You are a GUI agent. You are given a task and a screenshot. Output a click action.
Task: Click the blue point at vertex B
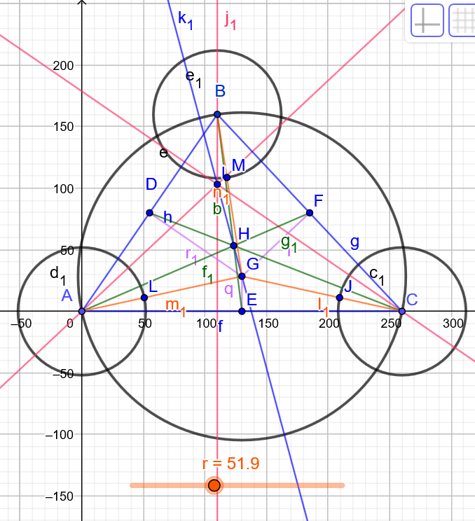pyautogui.click(x=217, y=114)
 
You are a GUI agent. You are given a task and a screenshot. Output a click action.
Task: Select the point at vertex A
pyautogui.click(x=82, y=311)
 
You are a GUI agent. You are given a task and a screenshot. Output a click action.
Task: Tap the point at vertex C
pyautogui.click(x=402, y=311)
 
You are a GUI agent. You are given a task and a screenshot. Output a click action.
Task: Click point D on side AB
pyautogui.click(x=149, y=213)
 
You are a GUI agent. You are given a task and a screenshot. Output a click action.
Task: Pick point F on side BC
pyautogui.click(x=310, y=213)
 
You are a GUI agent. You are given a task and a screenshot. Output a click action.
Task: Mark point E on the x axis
pyautogui.click(x=242, y=311)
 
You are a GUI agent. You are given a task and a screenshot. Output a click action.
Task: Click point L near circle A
pyautogui.click(x=144, y=298)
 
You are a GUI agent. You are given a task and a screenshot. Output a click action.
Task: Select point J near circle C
pyautogui.click(x=340, y=298)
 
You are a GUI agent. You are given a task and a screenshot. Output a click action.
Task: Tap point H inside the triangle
pyautogui.click(x=234, y=246)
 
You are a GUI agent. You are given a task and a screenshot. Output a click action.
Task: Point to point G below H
pyautogui.click(x=242, y=276)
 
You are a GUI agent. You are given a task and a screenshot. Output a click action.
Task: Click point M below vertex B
pyautogui.click(x=226, y=177)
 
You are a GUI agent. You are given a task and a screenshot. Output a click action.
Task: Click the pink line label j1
pyautogui.click(x=230, y=19)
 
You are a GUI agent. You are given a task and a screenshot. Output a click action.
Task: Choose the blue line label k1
pyautogui.click(x=185, y=19)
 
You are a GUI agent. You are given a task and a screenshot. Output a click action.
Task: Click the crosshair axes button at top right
pyautogui.click(x=427, y=20)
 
